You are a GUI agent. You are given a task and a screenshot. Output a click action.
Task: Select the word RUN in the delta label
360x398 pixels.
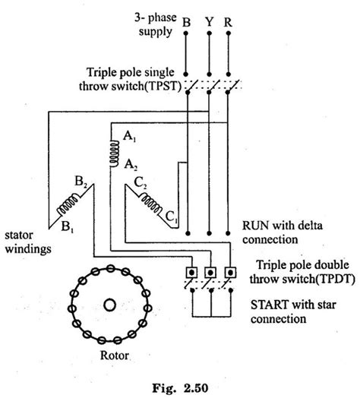click(x=254, y=225)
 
